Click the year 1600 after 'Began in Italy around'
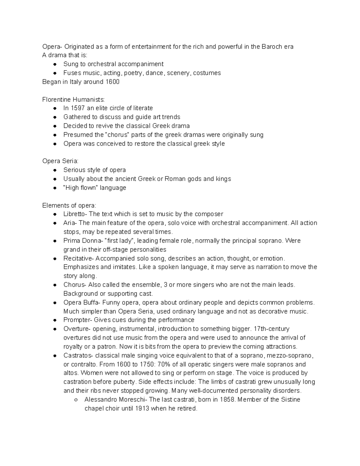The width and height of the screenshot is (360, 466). click(112, 82)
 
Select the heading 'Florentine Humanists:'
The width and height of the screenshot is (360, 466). click(74, 100)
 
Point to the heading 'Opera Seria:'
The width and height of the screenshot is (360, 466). click(60, 161)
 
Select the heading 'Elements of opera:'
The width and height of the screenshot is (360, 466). click(69, 206)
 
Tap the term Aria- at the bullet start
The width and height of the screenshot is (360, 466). click(70, 223)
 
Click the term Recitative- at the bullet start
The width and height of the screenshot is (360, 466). click(79, 258)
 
